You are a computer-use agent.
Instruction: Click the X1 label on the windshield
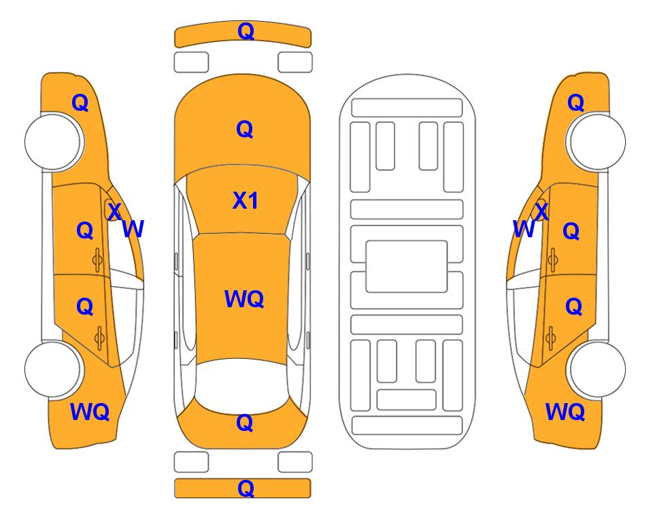(x=246, y=201)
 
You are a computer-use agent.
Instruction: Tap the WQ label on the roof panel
(x=244, y=299)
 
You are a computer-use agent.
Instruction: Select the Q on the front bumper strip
(x=246, y=31)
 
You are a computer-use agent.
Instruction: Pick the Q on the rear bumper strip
(x=246, y=488)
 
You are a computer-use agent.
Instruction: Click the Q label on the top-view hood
(x=245, y=129)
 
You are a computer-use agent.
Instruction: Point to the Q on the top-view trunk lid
(x=245, y=423)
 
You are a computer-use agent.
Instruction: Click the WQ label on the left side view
(x=90, y=412)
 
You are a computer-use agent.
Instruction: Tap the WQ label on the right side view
(x=565, y=412)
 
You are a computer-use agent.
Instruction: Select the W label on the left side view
(x=133, y=229)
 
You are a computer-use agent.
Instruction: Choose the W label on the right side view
(x=524, y=229)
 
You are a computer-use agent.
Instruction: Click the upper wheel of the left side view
(x=52, y=141)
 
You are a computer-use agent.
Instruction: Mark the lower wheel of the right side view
(x=597, y=369)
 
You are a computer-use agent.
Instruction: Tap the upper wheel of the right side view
(x=597, y=141)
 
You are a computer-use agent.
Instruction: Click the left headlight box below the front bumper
(x=191, y=63)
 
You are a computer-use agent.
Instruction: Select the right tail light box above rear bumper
(x=295, y=462)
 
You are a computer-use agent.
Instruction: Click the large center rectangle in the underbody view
(x=407, y=266)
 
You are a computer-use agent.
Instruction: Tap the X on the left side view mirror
(x=114, y=211)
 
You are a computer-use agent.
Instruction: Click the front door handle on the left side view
(x=97, y=260)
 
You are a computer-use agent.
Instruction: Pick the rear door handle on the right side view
(x=551, y=338)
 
